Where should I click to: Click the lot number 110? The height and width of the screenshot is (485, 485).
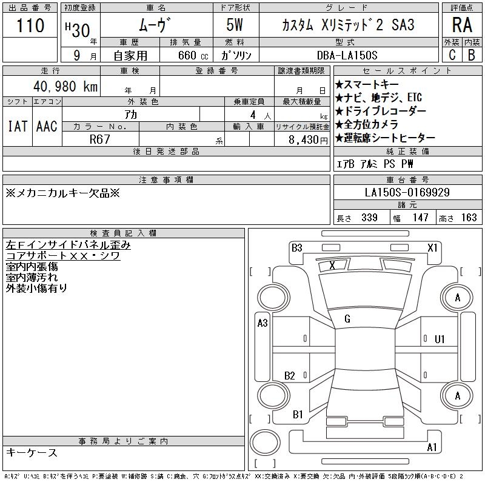point(31,25)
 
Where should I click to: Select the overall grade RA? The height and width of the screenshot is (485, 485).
point(462,26)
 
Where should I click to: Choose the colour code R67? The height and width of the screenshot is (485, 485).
point(99,139)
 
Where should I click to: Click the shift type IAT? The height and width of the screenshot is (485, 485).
point(18,126)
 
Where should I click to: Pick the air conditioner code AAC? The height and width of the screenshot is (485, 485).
point(47,126)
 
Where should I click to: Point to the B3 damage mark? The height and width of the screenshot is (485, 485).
point(296,247)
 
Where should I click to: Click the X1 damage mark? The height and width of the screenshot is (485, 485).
point(432,247)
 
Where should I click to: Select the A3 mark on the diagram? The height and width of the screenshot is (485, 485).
point(263,323)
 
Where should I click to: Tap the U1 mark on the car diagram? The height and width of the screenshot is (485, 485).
point(440,339)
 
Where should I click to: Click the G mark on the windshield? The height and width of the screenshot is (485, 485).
point(347,319)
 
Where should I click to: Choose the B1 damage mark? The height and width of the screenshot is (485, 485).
point(298,415)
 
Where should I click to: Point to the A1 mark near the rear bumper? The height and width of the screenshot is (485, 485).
point(432,447)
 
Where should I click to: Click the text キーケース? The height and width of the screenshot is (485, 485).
point(32,453)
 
